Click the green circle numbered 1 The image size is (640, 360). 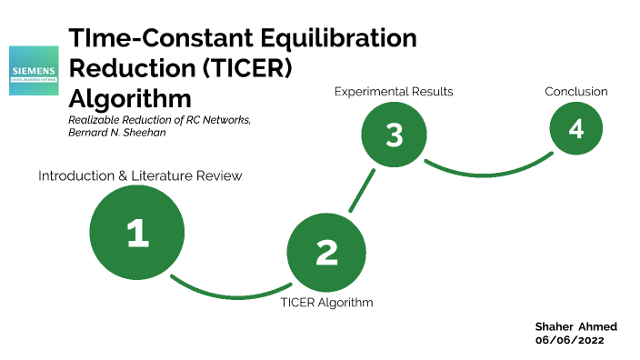137,233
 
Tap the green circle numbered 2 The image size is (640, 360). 327,252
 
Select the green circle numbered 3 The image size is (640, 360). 394,135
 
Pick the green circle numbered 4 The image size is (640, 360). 575,128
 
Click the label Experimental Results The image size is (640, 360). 394,92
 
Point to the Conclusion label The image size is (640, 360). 576,92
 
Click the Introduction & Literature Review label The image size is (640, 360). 140,175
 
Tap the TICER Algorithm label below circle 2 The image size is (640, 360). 327,302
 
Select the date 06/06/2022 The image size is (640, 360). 569,339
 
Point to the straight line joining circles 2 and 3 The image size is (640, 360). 362,190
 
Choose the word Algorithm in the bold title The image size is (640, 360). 130,97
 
